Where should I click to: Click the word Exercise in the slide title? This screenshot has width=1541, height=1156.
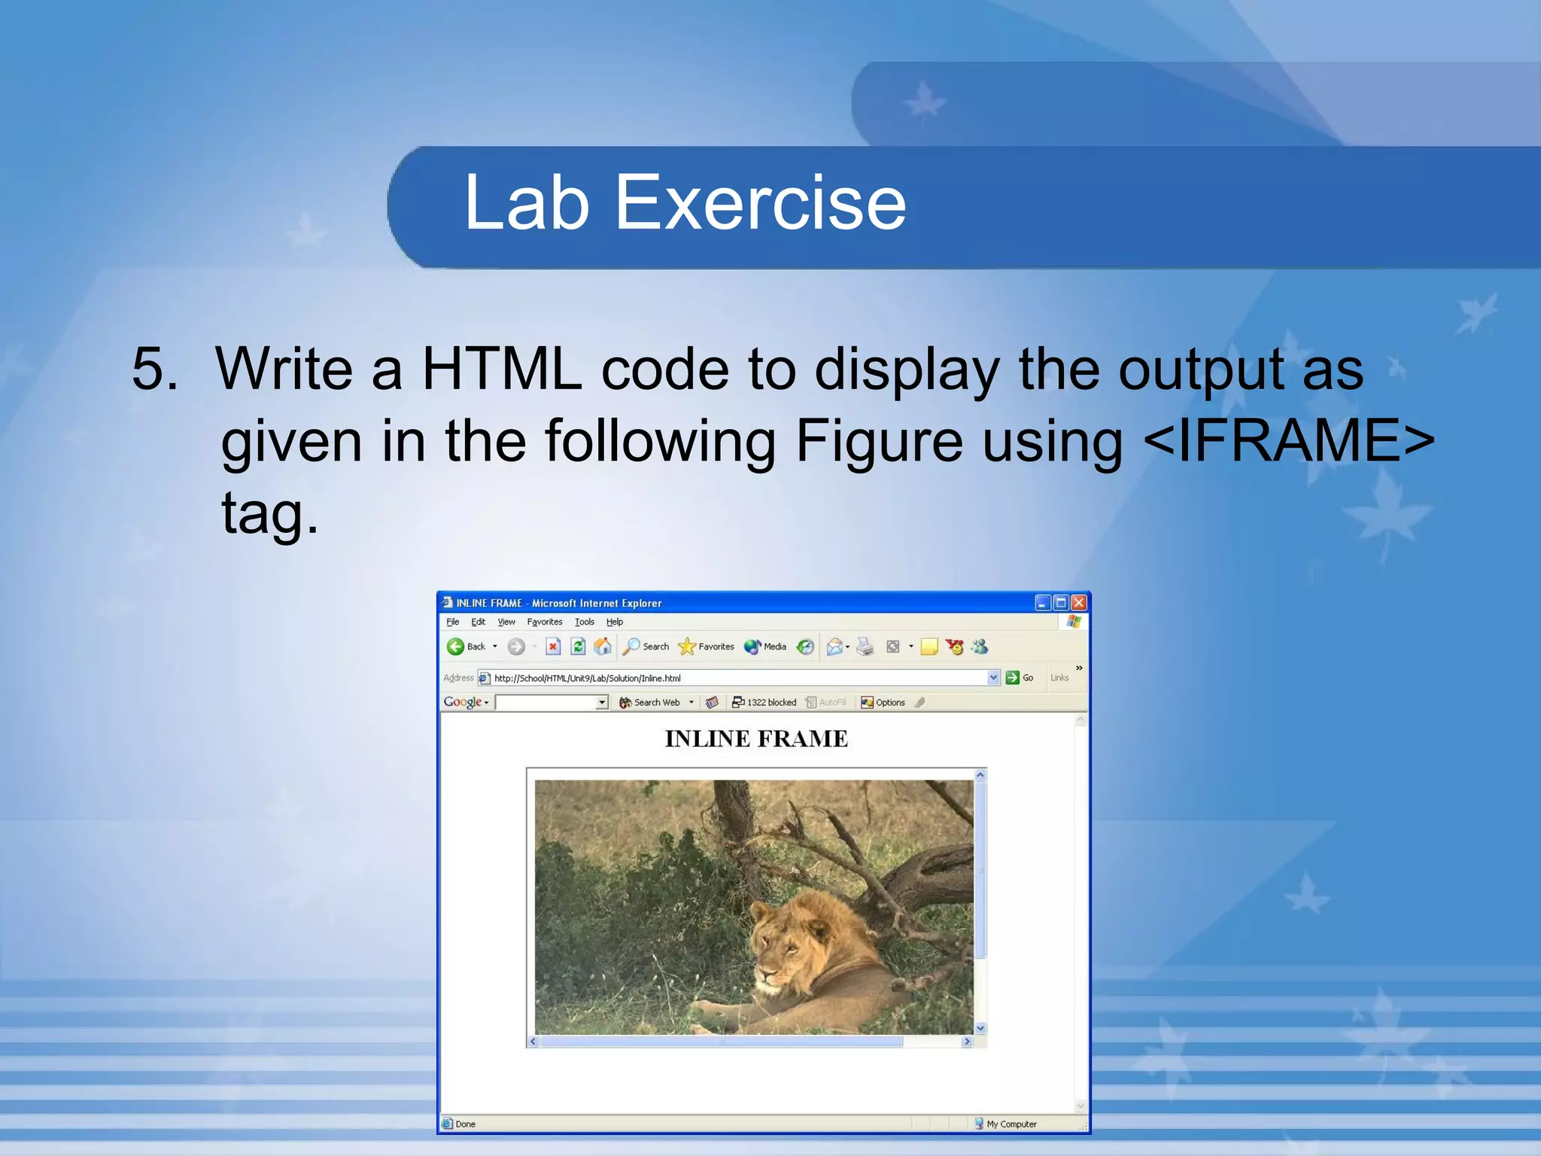760,203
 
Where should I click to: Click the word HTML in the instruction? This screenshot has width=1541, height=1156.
502,370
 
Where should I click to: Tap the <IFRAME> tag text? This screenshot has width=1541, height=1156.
1288,441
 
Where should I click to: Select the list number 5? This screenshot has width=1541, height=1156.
155,370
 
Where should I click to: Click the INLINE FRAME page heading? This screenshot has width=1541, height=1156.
756,739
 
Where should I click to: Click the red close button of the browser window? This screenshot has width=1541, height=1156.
1079,603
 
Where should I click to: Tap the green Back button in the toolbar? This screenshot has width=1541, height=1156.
456,646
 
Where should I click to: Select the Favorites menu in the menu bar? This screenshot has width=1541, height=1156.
544,622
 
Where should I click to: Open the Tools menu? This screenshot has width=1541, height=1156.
584,622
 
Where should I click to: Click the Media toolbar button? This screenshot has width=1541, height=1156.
765,646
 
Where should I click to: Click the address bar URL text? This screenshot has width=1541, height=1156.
587,678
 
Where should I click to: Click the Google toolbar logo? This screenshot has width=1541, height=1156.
463,702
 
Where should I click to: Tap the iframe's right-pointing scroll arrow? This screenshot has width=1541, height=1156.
967,1042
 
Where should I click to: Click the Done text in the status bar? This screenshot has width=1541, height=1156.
465,1124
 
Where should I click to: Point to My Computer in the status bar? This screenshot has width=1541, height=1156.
1011,1124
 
